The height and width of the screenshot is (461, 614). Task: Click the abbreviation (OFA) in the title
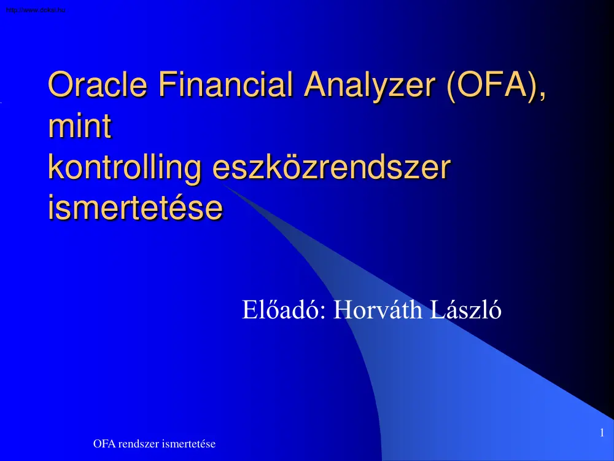[491, 85]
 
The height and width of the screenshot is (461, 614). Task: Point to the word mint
[79, 127]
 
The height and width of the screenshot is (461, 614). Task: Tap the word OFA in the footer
[103, 444]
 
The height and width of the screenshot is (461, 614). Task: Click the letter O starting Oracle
[60, 85]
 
